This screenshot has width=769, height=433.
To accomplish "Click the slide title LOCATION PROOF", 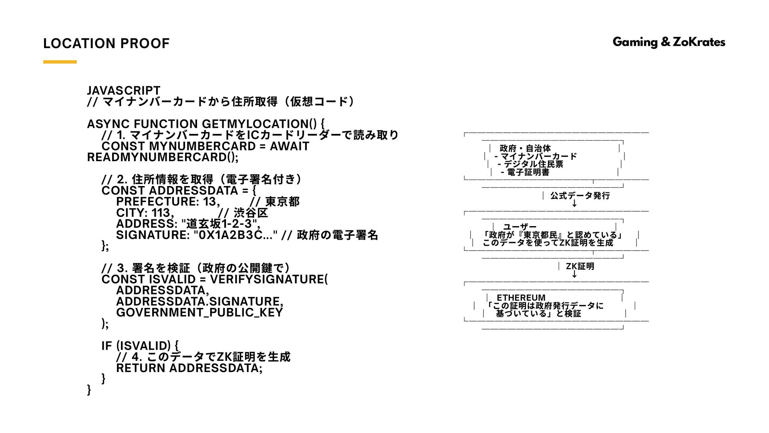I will (x=106, y=43).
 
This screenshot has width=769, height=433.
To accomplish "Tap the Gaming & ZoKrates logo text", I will (x=668, y=42).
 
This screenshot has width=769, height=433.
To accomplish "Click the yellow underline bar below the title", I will (x=60, y=62).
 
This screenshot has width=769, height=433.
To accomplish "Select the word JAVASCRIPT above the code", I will (x=123, y=91).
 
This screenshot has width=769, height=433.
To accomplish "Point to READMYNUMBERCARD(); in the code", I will (x=163, y=157).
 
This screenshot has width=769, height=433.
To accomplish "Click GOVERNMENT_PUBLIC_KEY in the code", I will (x=199, y=312).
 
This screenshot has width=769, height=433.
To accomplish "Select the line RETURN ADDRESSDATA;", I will (x=189, y=368).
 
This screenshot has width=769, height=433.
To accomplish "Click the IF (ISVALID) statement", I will (x=140, y=346).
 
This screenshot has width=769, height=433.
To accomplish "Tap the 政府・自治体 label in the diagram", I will (x=525, y=149).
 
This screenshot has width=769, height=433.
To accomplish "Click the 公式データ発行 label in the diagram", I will (x=580, y=196).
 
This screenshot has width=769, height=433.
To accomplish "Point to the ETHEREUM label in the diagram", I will (x=521, y=298).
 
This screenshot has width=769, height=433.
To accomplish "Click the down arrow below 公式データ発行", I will (x=574, y=203).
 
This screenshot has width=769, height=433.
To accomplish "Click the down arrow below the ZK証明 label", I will (x=574, y=274).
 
